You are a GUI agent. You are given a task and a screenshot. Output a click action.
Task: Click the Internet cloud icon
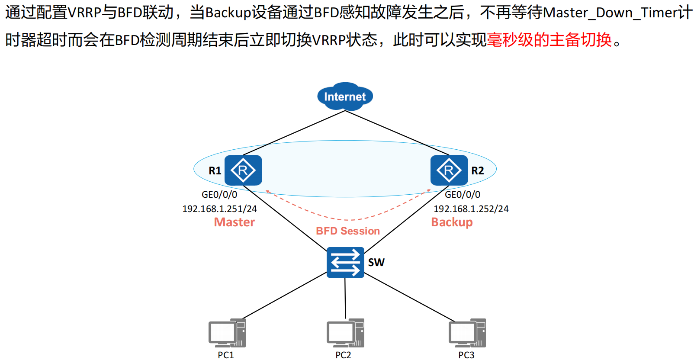[345, 96]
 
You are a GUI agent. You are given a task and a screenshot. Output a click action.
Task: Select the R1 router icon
[243, 170]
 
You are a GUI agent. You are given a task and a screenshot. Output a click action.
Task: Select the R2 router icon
[449, 170]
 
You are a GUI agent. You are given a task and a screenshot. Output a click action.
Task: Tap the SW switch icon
[345, 262]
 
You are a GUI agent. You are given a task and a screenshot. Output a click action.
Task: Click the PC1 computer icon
[227, 333]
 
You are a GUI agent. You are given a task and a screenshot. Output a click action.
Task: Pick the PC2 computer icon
[345, 333]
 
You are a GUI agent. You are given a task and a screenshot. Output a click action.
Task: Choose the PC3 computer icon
[467, 333]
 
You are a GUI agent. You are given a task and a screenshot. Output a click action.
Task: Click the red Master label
[235, 222]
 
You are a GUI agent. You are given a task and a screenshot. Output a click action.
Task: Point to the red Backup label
[452, 222]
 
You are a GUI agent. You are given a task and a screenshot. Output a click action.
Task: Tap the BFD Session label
[348, 231]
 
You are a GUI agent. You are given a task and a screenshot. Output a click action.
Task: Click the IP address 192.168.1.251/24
[219, 209]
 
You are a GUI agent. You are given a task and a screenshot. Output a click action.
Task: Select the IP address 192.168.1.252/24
[471, 209]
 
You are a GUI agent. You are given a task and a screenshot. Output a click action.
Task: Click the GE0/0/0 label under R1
[219, 195]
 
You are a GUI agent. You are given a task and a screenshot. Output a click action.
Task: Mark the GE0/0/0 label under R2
[463, 195]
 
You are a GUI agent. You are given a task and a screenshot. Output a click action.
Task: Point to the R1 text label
[215, 171]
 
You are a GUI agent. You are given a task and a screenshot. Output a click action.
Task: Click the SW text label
[376, 263]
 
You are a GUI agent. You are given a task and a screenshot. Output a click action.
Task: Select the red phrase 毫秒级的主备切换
[549, 40]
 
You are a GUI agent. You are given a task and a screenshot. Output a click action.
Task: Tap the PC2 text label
[343, 355]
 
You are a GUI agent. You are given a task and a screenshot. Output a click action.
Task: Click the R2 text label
[478, 171]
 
